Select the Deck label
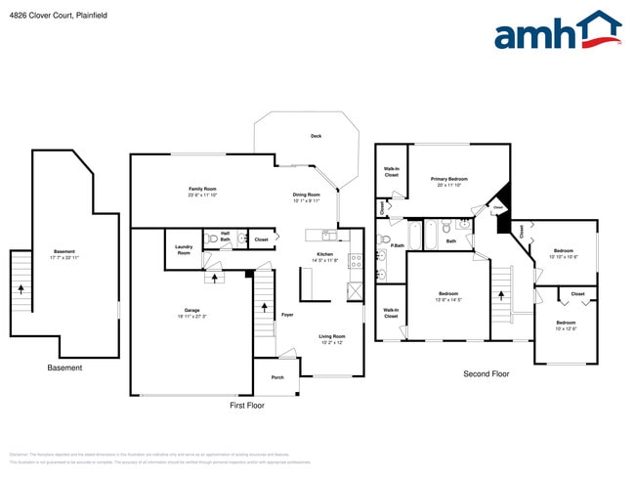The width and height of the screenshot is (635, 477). pyautogui.click(x=316, y=136)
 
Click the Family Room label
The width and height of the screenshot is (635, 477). pyautogui.click(x=202, y=189)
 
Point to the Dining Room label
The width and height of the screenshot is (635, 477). pyautogui.click(x=306, y=195)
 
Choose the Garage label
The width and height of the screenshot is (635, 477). pyautogui.click(x=191, y=310)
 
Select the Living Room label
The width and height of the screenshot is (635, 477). pyautogui.click(x=332, y=336)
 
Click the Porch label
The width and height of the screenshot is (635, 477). pyautogui.click(x=277, y=376)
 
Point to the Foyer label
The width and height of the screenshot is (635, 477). pyautogui.click(x=287, y=315)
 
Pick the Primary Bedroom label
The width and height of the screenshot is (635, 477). pyautogui.click(x=449, y=179)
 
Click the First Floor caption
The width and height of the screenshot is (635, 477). pyautogui.click(x=247, y=405)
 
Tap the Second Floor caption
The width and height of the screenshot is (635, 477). pyautogui.click(x=487, y=373)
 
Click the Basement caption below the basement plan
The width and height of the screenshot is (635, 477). pyautogui.click(x=65, y=368)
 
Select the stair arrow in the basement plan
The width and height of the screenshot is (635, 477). pyautogui.click(x=21, y=288)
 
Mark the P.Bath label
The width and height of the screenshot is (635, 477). pyautogui.click(x=398, y=245)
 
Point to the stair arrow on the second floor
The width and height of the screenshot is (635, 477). pyautogui.click(x=502, y=291)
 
